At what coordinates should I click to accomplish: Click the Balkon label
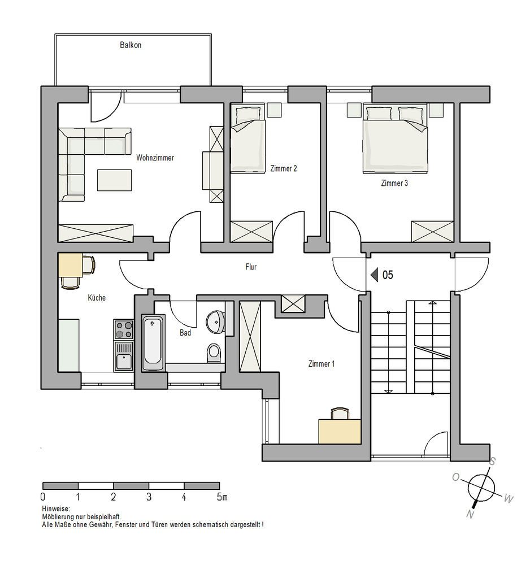click(131, 45)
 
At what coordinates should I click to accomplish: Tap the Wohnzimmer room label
click(155, 158)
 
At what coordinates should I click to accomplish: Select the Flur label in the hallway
click(251, 267)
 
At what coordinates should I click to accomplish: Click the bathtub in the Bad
click(153, 342)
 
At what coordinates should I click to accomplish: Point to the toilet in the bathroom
click(214, 353)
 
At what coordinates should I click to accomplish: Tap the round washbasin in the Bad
click(216, 322)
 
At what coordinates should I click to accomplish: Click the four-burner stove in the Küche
click(123, 329)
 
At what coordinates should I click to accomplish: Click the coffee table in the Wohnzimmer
click(114, 180)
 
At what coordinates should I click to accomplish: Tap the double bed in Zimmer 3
click(396, 138)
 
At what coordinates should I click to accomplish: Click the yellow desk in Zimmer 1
click(340, 431)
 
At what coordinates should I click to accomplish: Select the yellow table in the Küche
click(71, 265)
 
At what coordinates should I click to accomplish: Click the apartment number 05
click(388, 275)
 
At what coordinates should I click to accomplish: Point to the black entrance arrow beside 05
click(375, 275)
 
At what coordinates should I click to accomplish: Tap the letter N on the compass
click(470, 514)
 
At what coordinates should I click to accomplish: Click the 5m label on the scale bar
click(222, 497)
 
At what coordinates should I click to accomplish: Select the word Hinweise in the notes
click(56, 509)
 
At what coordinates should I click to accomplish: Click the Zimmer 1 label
click(322, 364)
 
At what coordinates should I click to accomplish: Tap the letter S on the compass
click(493, 461)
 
